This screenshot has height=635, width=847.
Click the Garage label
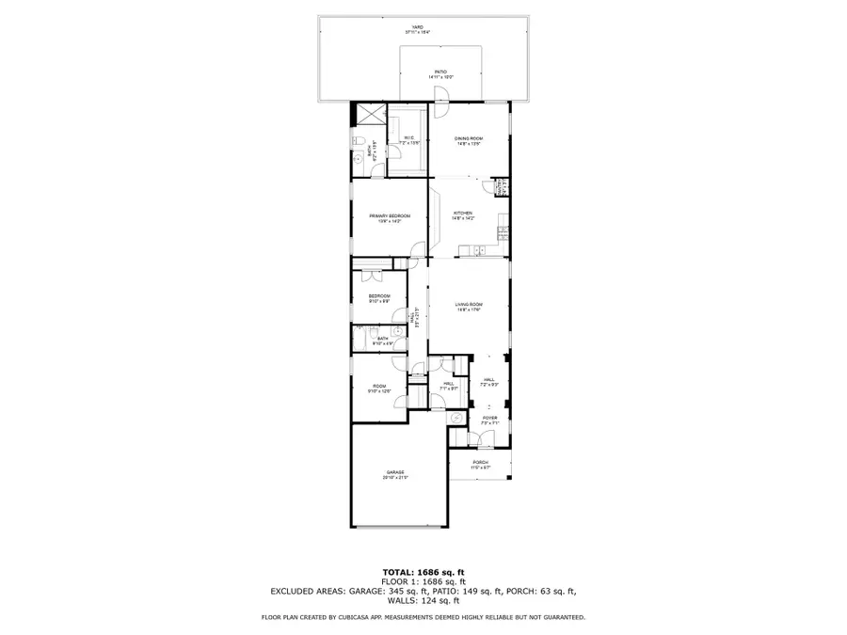click(394, 474)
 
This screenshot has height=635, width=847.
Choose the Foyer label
click(489, 420)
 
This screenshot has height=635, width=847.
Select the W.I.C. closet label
click(409, 139)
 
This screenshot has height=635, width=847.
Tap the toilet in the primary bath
click(358, 140)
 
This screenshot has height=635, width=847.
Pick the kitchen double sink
click(479, 250)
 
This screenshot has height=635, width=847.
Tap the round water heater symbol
click(456, 417)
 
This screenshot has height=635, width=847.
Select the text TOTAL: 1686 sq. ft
click(423, 572)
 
